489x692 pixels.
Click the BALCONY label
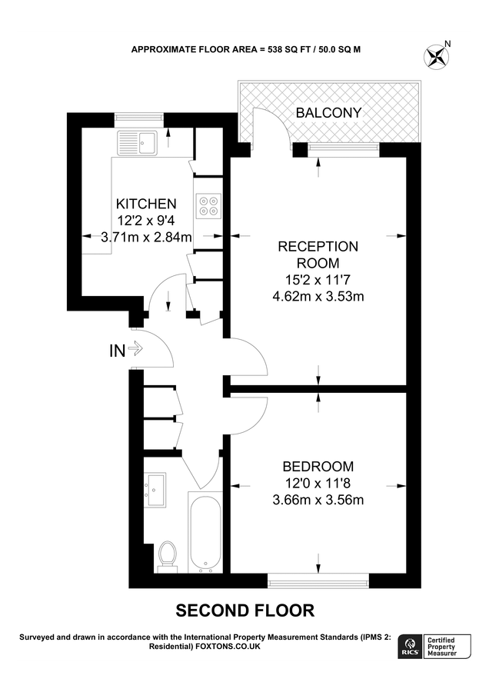(x=328, y=114)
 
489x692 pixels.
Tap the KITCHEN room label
(x=146, y=204)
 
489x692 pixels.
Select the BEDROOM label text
(x=318, y=466)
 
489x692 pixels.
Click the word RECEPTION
(x=318, y=246)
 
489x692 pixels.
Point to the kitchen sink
(x=137, y=141)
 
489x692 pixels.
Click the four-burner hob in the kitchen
(x=208, y=206)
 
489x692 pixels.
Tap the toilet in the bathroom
(x=167, y=555)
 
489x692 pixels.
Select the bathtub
(x=205, y=533)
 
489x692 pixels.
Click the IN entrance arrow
(x=135, y=350)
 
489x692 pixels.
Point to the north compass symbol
(x=437, y=55)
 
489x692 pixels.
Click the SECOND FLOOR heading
(x=245, y=610)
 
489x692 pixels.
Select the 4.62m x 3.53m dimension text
(x=318, y=296)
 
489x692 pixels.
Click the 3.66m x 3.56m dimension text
(x=318, y=500)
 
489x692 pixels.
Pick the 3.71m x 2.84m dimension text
(x=146, y=238)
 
